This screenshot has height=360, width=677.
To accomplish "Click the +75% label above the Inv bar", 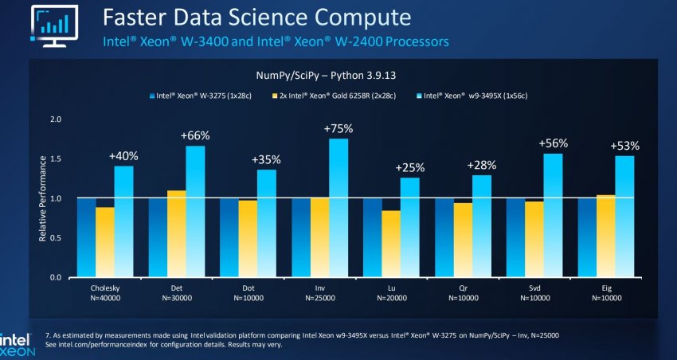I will click(338, 128).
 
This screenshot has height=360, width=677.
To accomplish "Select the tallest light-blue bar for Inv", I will click(338, 207).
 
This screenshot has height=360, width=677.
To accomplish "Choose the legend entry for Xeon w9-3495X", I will click(462, 96).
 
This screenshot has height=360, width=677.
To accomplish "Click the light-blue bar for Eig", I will click(624, 216).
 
